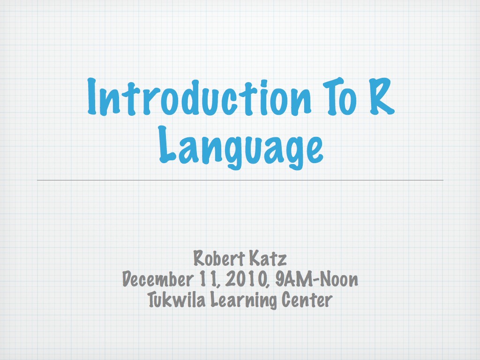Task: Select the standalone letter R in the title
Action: (381, 96)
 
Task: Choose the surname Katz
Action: (268, 258)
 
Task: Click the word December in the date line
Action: (157, 279)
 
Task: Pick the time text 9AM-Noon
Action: (316, 279)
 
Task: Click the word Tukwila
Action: (177, 300)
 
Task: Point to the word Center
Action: (307, 300)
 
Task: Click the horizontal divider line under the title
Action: (240, 180)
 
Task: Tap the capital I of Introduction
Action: (93, 96)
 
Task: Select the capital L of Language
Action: (167, 144)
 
